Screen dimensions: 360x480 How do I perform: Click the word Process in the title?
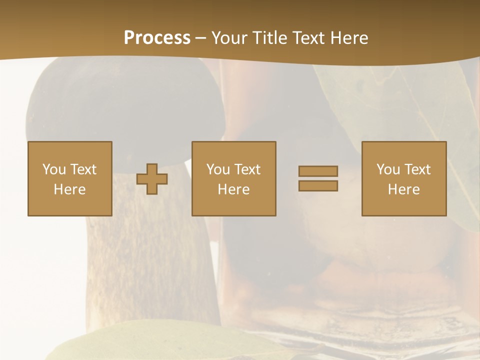tap(157, 38)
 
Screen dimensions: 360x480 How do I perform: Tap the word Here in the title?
tap(348, 38)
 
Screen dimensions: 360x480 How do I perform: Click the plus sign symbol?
tap(152, 179)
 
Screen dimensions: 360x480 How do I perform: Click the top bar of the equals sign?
tap(318, 171)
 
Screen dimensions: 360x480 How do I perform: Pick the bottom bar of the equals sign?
tap(318, 186)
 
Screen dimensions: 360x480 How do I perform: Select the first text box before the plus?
tap(69, 178)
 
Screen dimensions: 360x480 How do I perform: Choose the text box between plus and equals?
tap(233, 178)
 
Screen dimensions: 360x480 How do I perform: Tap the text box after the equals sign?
tap(404, 178)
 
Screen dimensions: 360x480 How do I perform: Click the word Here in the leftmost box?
tap(69, 189)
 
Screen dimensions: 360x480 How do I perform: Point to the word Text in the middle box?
tap(247, 169)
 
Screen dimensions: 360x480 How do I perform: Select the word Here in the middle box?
tap(233, 189)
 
